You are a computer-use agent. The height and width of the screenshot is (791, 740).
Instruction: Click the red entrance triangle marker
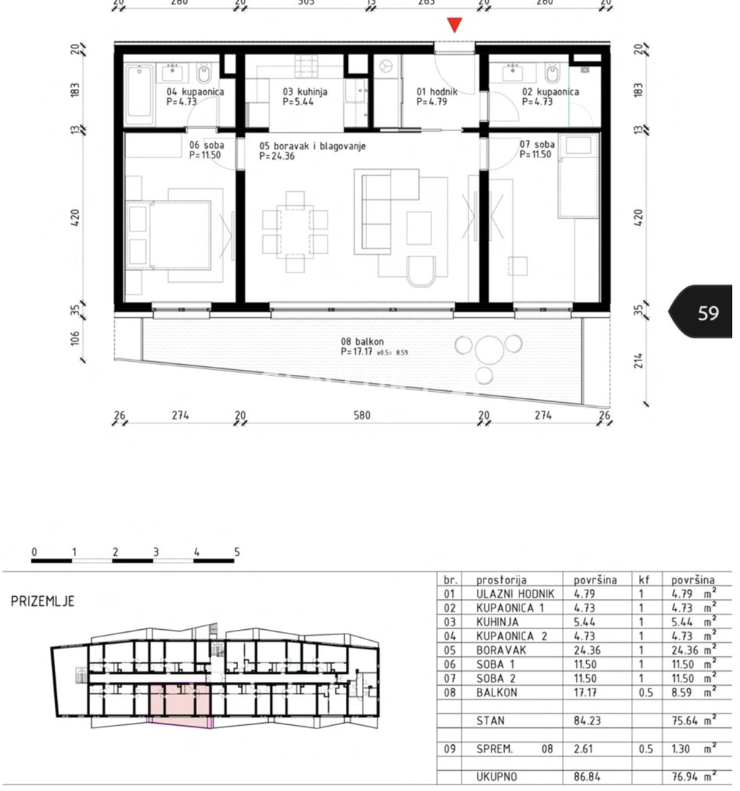(454, 24)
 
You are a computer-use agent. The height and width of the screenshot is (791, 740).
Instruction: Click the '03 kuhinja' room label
(305, 92)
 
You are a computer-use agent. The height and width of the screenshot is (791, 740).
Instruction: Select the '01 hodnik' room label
(437, 92)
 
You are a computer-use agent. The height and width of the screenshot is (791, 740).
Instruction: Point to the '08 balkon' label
(362, 341)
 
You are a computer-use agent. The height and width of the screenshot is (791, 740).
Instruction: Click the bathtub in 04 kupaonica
(138, 94)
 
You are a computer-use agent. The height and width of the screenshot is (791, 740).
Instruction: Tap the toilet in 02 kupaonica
(552, 73)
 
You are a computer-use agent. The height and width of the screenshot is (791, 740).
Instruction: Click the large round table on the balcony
(489, 349)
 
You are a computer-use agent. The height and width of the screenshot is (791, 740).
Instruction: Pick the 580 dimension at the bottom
(362, 415)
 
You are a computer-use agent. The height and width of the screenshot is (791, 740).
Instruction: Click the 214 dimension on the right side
(639, 360)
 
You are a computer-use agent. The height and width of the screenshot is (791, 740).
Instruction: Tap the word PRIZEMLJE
(42, 601)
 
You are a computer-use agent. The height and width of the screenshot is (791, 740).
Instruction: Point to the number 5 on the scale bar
(237, 552)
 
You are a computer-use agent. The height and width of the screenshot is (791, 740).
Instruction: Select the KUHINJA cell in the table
(497, 622)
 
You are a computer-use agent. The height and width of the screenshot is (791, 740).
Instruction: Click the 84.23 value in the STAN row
(587, 721)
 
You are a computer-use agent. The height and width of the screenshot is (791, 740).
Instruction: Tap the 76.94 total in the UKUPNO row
(685, 777)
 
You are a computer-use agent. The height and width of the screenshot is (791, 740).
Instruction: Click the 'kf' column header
(643, 579)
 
